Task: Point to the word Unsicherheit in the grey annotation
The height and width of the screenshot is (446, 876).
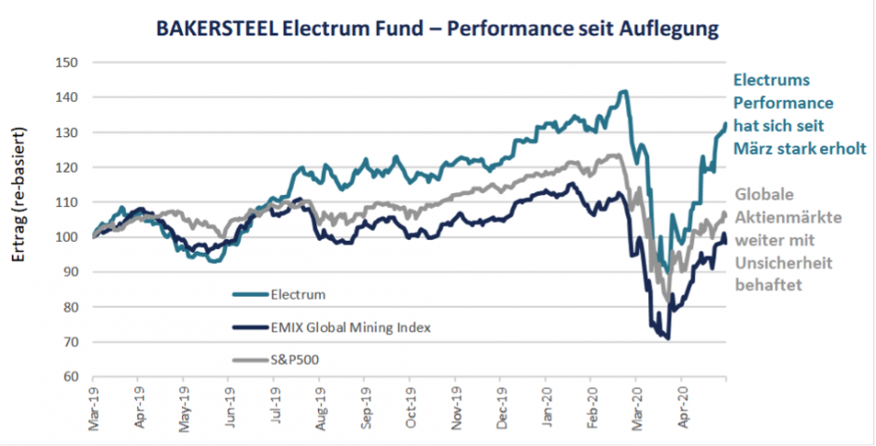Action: (x=782, y=263)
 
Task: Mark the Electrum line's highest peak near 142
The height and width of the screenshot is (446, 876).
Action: (x=623, y=91)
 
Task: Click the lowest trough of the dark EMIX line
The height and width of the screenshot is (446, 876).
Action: (x=668, y=339)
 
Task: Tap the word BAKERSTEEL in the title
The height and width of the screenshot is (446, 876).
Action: (x=212, y=29)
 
